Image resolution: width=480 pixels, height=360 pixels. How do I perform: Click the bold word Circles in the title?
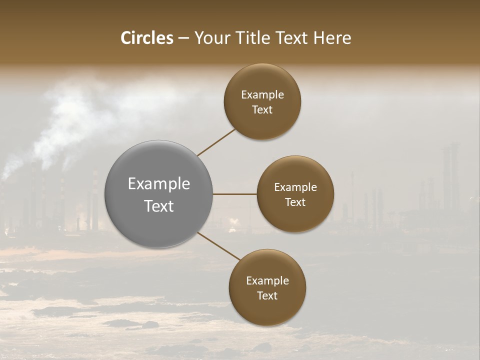pyautogui.click(x=147, y=38)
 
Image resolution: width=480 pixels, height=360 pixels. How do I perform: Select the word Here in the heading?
pyautogui.click(x=332, y=38)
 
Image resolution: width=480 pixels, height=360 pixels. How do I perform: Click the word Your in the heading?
pyautogui.click(x=212, y=38)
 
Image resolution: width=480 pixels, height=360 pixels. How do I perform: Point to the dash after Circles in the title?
pyautogui.click(x=183, y=38)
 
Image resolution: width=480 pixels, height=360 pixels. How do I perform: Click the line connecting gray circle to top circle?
pyautogui.click(x=216, y=142)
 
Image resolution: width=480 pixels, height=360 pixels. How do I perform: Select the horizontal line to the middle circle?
pyautogui.click(x=235, y=194)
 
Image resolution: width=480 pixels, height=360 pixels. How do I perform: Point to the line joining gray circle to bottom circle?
pyautogui.click(x=218, y=246)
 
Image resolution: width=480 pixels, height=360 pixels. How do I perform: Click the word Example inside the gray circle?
pyautogui.click(x=159, y=184)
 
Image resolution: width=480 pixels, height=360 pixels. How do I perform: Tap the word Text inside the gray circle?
pyautogui.click(x=159, y=206)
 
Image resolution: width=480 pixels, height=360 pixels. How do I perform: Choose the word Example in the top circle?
pyautogui.click(x=262, y=95)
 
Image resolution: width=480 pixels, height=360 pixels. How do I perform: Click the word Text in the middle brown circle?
pyautogui.click(x=295, y=202)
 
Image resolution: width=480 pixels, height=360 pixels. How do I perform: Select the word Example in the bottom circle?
pyautogui.click(x=267, y=281)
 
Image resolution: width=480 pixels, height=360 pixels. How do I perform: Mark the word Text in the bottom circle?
pyautogui.click(x=267, y=295)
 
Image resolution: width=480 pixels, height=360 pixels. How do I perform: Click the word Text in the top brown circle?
pyautogui.click(x=262, y=109)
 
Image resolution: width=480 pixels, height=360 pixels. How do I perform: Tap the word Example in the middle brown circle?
pyautogui.click(x=295, y=187)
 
